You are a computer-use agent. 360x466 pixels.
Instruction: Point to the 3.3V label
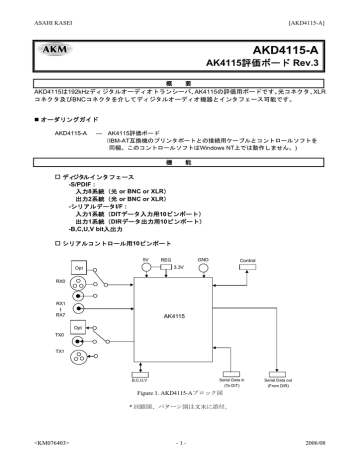pos(181,267)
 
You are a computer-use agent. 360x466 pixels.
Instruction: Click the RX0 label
pos(60,282)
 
